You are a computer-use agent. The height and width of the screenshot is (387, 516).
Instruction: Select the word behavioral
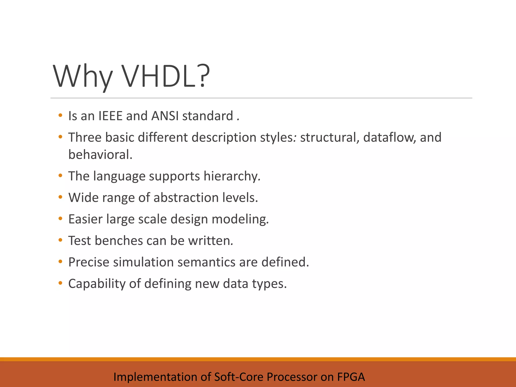click(x=100, y=155)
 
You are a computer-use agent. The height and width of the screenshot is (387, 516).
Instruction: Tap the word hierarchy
click(x=232, y=176)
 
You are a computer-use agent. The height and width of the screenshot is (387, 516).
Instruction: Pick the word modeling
click(x=240, y=219)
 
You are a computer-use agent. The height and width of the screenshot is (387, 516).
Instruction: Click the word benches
click(x=119, y=241)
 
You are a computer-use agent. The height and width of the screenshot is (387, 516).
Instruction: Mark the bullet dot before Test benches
click(x=60, y=240)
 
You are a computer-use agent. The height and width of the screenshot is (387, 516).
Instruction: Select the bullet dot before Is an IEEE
click(x=60, y=116)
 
